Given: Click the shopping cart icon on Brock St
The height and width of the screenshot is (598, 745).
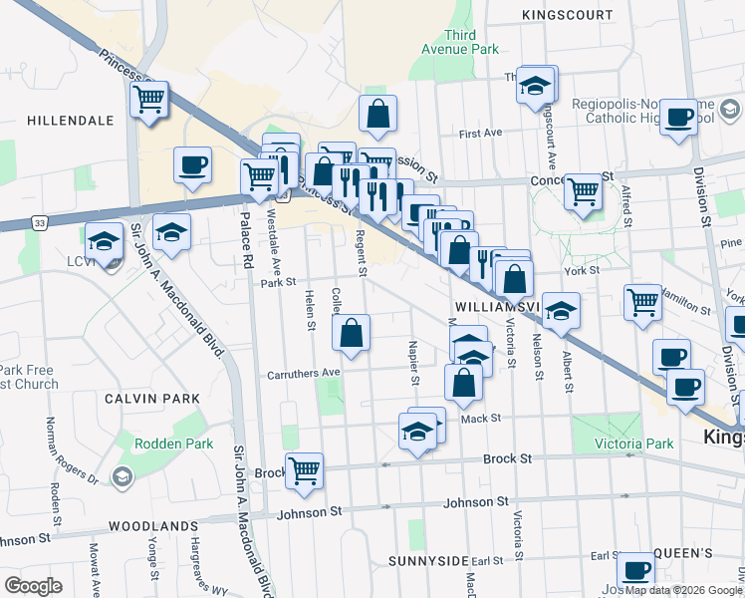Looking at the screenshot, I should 304,469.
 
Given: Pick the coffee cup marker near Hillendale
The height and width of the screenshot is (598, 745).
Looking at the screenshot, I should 192,164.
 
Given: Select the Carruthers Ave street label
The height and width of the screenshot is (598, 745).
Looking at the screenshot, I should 304,374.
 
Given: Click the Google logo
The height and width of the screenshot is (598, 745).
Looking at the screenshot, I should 34,585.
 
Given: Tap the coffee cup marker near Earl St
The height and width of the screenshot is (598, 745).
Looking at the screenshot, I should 635,571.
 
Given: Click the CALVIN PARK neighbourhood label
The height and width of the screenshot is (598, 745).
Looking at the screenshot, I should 152,398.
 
